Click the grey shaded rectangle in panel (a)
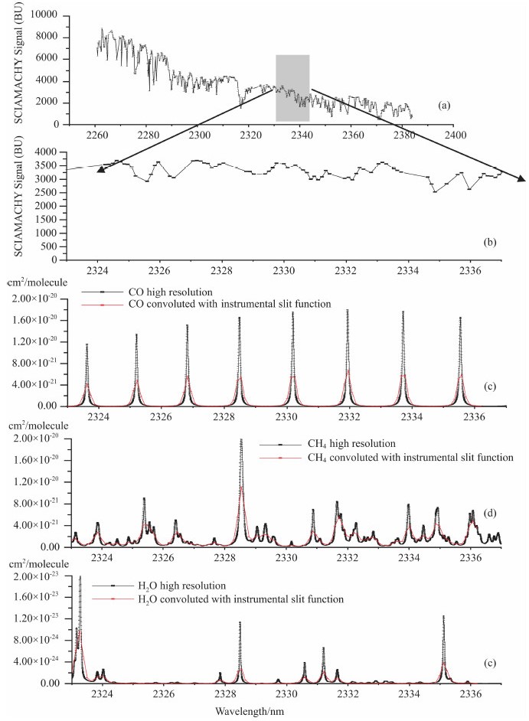(x=292, y=88)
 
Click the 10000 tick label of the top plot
(x=44, y=15)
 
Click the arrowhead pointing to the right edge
(x=522, y=180)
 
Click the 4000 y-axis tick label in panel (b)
(x=49, y=152)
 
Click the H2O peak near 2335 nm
(x=442, y=617)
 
